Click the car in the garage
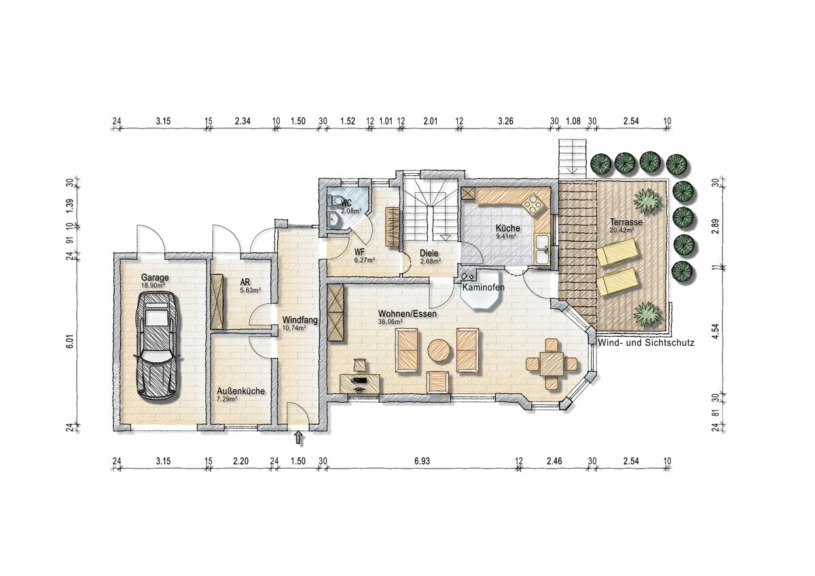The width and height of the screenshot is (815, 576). tap(156, 347)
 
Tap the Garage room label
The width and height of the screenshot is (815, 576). tap(155, 278)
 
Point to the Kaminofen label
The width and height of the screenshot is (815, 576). tap(483, 287)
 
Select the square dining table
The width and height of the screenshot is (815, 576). tap(551, 363)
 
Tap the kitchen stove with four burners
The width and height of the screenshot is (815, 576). tap(535, 205)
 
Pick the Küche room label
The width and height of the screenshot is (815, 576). tap(508, 228)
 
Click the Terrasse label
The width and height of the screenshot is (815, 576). tap(626, 221)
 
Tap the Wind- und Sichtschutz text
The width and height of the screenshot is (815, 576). tap(646, 342)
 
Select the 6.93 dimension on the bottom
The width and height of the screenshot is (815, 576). tap(422, 461)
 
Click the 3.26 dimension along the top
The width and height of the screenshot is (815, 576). tap(506, 121)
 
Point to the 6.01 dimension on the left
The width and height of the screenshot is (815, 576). tap(70, 342)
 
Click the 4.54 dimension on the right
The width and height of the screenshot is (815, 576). tap(717, 331)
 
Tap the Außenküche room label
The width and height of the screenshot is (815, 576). tap(241, 391)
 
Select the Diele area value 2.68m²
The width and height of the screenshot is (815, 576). tap(431, 261)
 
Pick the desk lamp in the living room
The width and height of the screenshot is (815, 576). tap(360, 364)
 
